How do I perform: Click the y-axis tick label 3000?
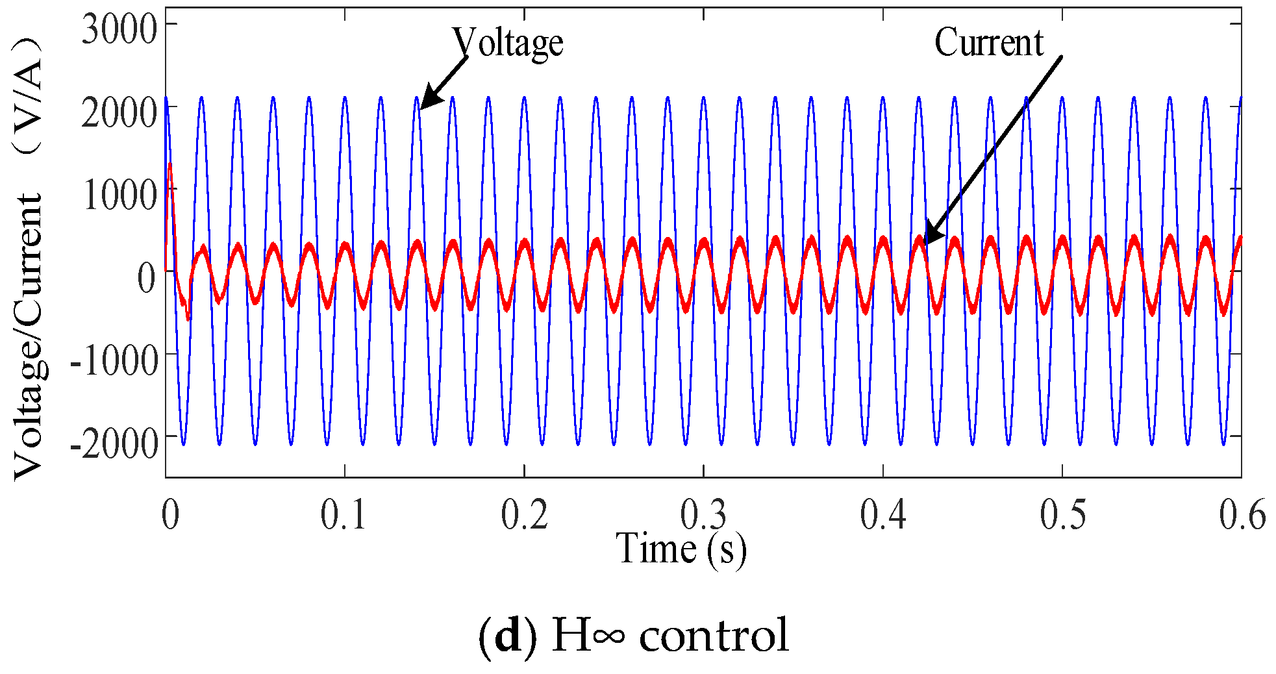(x=119, y=29)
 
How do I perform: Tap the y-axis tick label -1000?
(x=114, y=360)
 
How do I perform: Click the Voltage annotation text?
(x=507, y=43)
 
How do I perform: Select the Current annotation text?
(x=988, y=43)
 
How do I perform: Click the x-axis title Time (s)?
(x=681, y=549)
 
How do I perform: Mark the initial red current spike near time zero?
(x=170, y=170)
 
